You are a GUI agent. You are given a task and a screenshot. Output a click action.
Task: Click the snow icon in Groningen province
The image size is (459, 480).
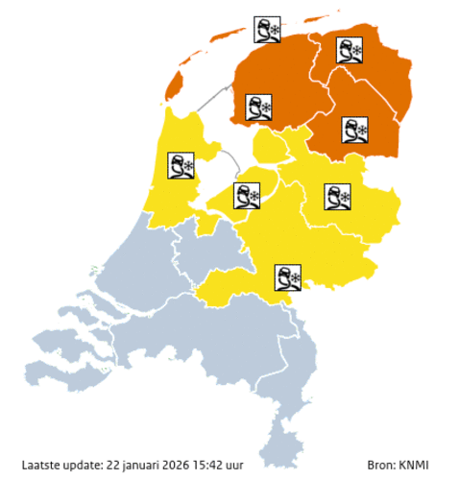[x=349, y=50]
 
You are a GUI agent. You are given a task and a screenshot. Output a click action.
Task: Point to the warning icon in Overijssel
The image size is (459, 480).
[x=338, y=196]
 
